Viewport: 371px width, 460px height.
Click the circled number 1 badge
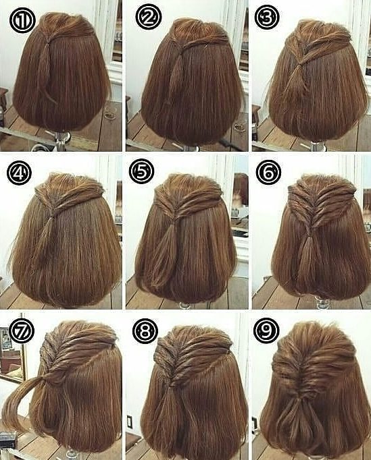(22, 21)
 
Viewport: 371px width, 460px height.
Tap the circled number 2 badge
(149, 18)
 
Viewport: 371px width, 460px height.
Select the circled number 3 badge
(267, 18)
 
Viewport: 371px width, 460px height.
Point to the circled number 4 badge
(19, 173)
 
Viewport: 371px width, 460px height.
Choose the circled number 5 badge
(141, 173)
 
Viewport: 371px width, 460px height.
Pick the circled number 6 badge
(268, 173)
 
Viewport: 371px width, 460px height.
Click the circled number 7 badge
(22, 331)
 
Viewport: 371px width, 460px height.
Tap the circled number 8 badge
(145, 331)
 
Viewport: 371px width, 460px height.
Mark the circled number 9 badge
(266, 330)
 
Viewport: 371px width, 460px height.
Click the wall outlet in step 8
(130, 422)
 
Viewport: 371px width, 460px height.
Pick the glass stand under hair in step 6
(322, 302)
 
